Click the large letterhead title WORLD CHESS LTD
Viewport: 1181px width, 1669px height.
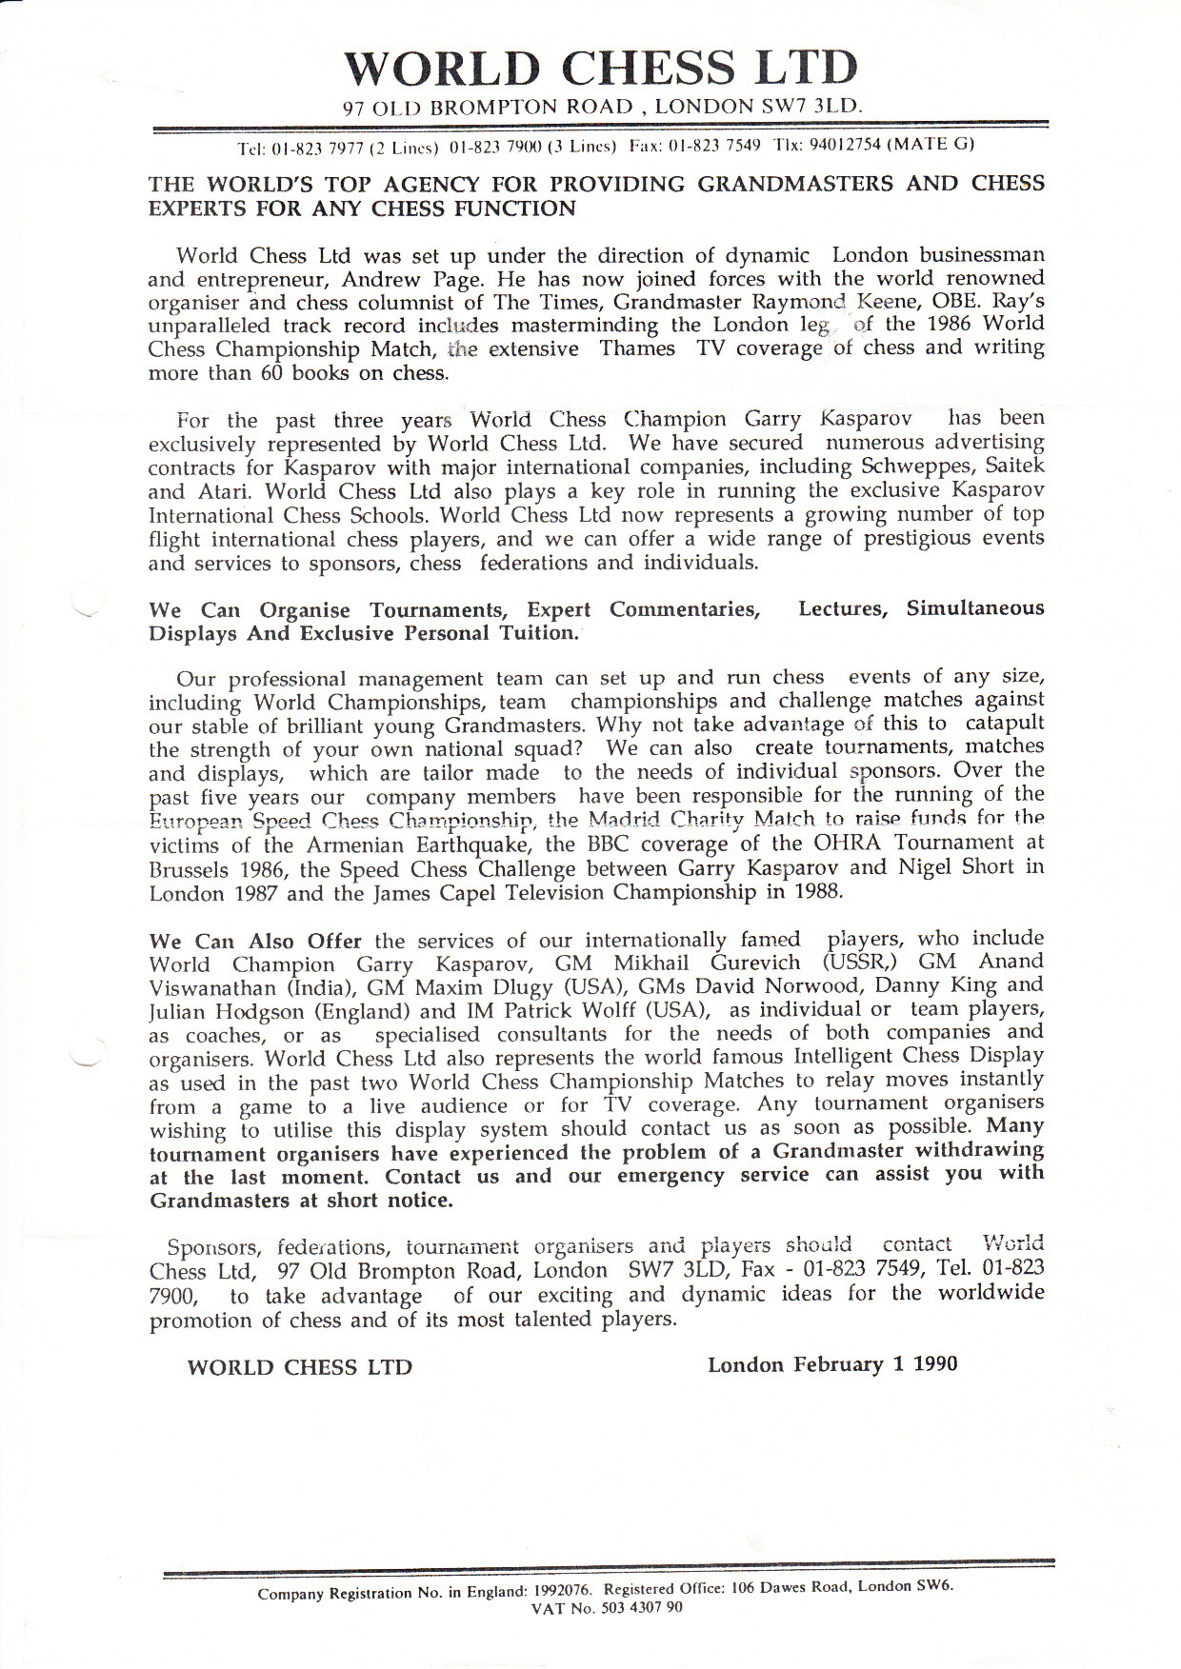(600, 67)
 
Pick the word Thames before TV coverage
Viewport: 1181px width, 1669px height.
(637, 348)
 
